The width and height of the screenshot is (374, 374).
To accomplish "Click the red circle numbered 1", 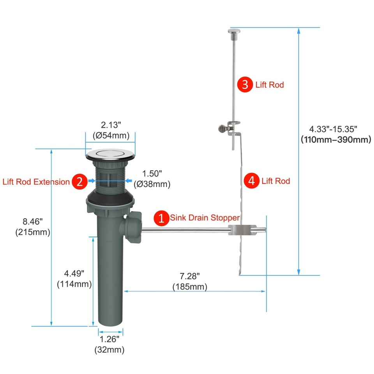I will [x=161, y=218].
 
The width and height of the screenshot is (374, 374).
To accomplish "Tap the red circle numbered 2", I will [x=79, y=182].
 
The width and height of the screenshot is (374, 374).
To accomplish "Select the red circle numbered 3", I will [x=245, y=85].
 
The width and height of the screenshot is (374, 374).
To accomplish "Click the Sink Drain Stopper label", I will [x=205, y=218].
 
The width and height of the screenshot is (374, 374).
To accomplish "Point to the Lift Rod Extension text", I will [x=36, y=182].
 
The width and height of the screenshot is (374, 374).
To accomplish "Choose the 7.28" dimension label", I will [x=190, y=276].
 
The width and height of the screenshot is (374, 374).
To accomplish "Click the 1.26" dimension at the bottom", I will [x=109, y=339].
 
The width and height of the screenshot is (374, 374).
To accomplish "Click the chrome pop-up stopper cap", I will [x=110, y=154].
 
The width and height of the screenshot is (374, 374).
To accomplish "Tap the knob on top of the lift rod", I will [x=234, y=32].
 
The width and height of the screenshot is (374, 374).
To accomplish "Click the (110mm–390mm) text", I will [x=335, y=139].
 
